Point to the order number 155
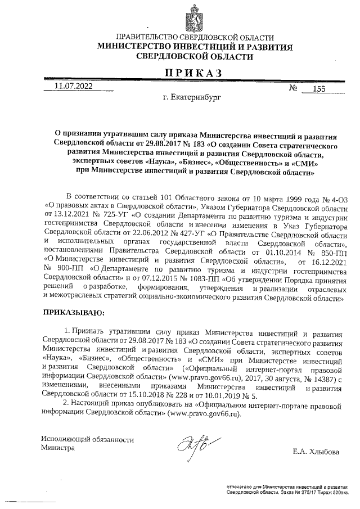319,88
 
